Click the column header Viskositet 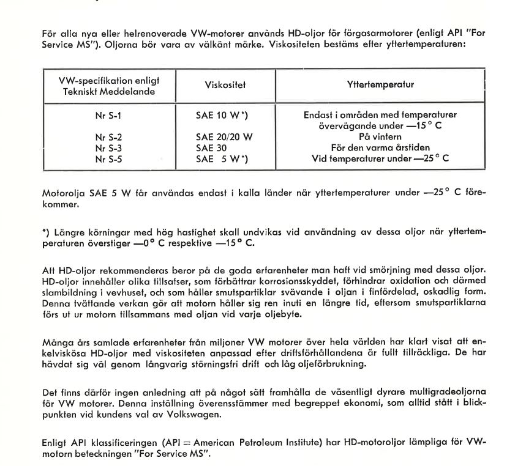[222, 86]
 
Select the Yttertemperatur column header [380, 85]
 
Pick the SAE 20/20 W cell [224, 137]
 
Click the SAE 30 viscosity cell [212, 147]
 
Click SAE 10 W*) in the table [222, 115]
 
